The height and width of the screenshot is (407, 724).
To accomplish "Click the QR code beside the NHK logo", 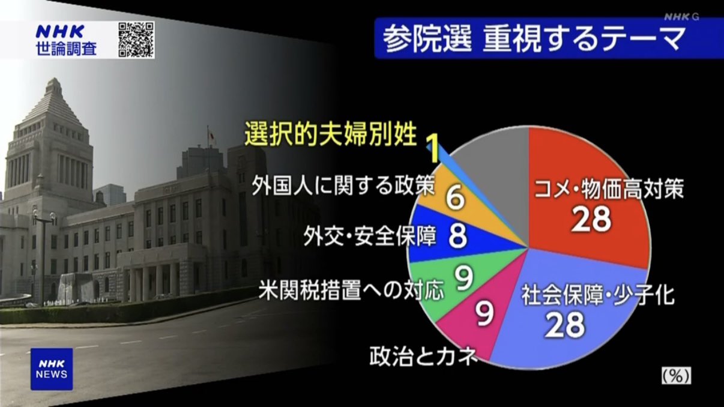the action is (x=136, y=40).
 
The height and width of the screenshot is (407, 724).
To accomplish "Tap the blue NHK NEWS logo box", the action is (x=52, y=369).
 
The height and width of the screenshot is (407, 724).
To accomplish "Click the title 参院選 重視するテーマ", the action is (x=533, y=40).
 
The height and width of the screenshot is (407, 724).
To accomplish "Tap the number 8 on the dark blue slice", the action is (x=458, y=237).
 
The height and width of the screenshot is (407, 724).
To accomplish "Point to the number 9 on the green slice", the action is (x=465, y=277).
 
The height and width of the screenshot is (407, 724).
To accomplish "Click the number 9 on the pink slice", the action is (x=484, y=313).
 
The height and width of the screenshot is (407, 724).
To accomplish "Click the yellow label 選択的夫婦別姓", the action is (x=330, y=134).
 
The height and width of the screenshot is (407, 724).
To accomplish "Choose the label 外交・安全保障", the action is (x=369, y=237).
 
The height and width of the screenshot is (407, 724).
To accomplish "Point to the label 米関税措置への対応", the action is (x=351, y=290).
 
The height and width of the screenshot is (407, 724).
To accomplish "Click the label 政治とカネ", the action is (x=423, y=356).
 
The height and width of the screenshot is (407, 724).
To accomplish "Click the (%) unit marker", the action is (x=676, y=376).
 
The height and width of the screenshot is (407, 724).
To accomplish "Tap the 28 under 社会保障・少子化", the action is (x=565, y=324).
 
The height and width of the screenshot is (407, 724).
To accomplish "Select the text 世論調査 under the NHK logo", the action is (x=67, y=49).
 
